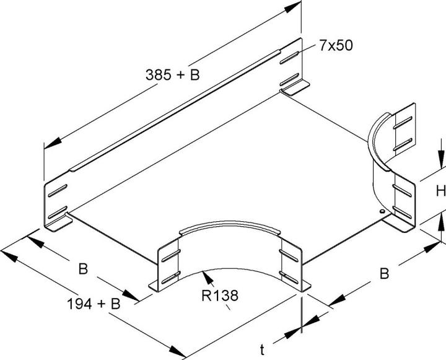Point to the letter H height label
[x=439, y=192]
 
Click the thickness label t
[x=263, y=351]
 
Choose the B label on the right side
[x=384, y=273]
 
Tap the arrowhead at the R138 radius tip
[x=205, y=273]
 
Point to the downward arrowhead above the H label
[x=441, y=165]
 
